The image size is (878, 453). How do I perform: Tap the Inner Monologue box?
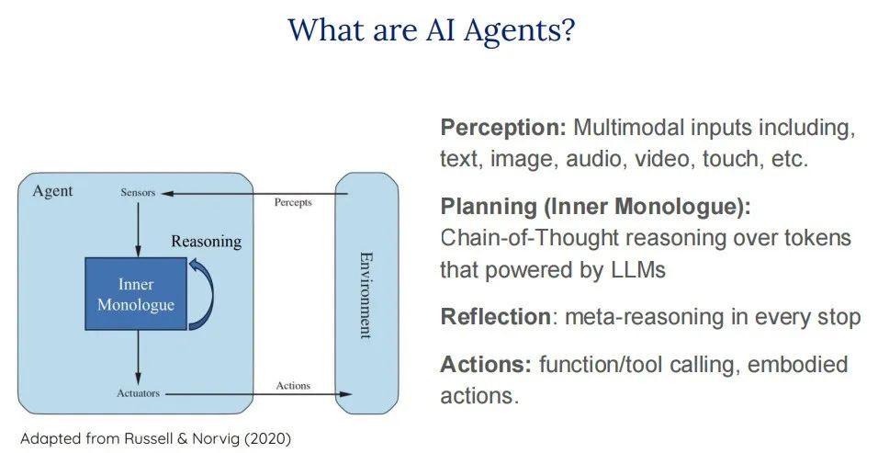(x=136, y=293)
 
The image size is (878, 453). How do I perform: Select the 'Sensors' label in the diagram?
(x=138, y=193)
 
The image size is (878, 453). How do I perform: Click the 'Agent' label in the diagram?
(x=52, y=191)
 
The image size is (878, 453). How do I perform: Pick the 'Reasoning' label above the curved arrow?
(x=207, y=242)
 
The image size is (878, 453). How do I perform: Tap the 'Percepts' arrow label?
(x=293, y=201)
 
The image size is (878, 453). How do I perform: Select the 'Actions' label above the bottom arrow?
(x=293, y=385)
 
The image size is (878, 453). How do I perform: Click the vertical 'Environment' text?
(x=365, y=294)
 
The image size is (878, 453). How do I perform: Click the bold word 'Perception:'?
(x=503, y=128)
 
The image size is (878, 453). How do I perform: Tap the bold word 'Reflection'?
(x=494, y=317)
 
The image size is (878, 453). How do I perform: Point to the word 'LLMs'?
(x=639, y=270)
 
